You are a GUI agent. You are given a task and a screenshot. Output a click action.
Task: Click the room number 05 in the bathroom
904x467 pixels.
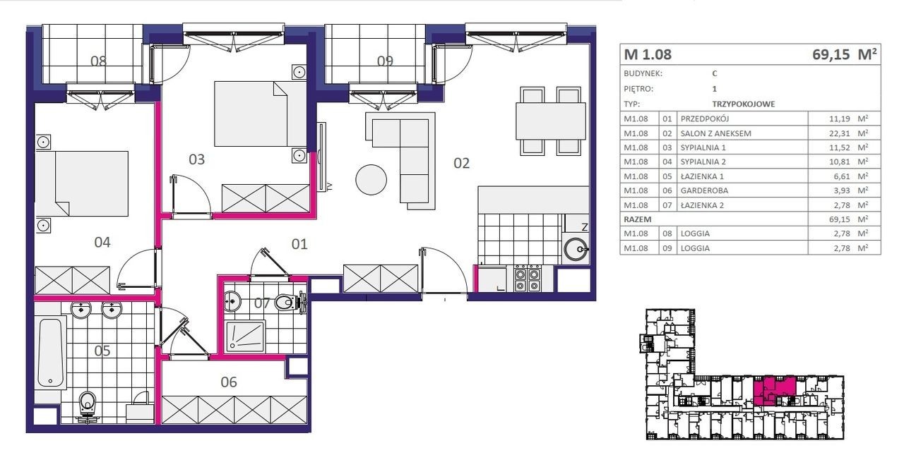point(102,351)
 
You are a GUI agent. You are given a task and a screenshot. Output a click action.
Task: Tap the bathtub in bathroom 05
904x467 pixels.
point(50,353)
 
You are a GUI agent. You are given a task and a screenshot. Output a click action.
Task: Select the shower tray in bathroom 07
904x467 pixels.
point(245,336)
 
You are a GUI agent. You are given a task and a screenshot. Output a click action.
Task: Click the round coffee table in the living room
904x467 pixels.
point(371,180)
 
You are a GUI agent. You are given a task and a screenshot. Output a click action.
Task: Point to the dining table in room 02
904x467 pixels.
point(550,121)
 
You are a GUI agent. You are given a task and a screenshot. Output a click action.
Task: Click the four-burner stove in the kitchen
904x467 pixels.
point(528,277)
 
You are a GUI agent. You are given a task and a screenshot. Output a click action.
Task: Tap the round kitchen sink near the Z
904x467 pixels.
point(576,249)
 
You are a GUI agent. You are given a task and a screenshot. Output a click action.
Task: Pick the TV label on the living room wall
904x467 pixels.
point(330,187)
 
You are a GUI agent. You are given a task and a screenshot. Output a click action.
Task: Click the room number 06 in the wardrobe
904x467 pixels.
point(229,382)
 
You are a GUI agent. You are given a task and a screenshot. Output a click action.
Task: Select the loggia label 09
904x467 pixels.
point(385,61)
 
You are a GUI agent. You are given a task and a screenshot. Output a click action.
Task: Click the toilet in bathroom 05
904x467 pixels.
point(87,406)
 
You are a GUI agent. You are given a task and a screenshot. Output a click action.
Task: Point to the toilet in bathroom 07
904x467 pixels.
point(289,302)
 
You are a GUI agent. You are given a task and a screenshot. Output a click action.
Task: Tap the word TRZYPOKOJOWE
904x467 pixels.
point(744,104)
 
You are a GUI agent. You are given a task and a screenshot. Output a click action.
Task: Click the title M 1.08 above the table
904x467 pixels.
point(648,54)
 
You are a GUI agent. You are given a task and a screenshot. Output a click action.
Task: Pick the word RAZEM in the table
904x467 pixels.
point(637,219)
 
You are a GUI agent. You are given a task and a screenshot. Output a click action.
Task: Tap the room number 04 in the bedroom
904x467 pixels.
point(102,242)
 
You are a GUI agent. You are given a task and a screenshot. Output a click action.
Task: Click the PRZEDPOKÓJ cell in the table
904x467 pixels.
point(705,119)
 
